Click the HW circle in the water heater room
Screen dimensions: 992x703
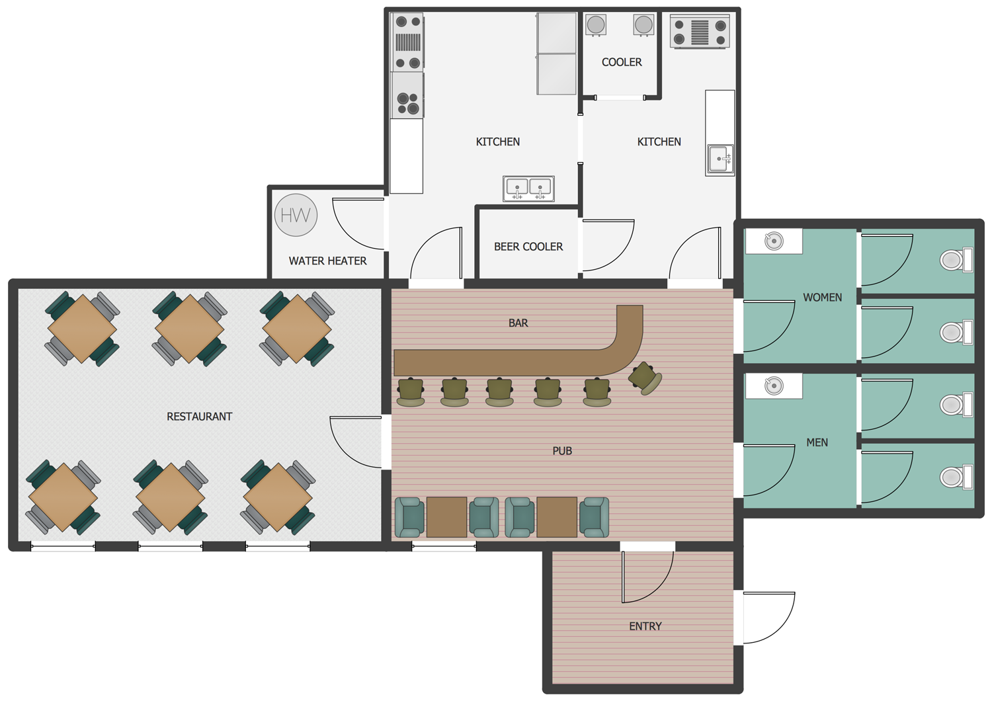296,215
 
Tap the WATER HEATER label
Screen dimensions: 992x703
328,261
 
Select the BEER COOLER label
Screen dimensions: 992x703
528,247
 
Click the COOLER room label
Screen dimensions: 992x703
622,62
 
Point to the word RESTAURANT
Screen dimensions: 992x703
199,417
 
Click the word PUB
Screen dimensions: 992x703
562,451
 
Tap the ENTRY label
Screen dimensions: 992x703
645,626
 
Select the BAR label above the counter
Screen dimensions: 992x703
518,323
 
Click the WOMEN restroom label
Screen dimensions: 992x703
823,297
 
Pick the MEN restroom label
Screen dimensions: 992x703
817,442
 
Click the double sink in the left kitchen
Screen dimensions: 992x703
528,188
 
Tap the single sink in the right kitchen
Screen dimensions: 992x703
720,159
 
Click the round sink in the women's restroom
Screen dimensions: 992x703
774,241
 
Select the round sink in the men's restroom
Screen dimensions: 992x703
774,386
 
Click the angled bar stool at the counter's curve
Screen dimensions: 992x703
645,378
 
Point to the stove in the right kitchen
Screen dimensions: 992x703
699,31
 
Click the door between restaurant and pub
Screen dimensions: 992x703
356,442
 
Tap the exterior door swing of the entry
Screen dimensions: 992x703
769,617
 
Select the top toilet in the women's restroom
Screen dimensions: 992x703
956,260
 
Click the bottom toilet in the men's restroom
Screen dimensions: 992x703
956,477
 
